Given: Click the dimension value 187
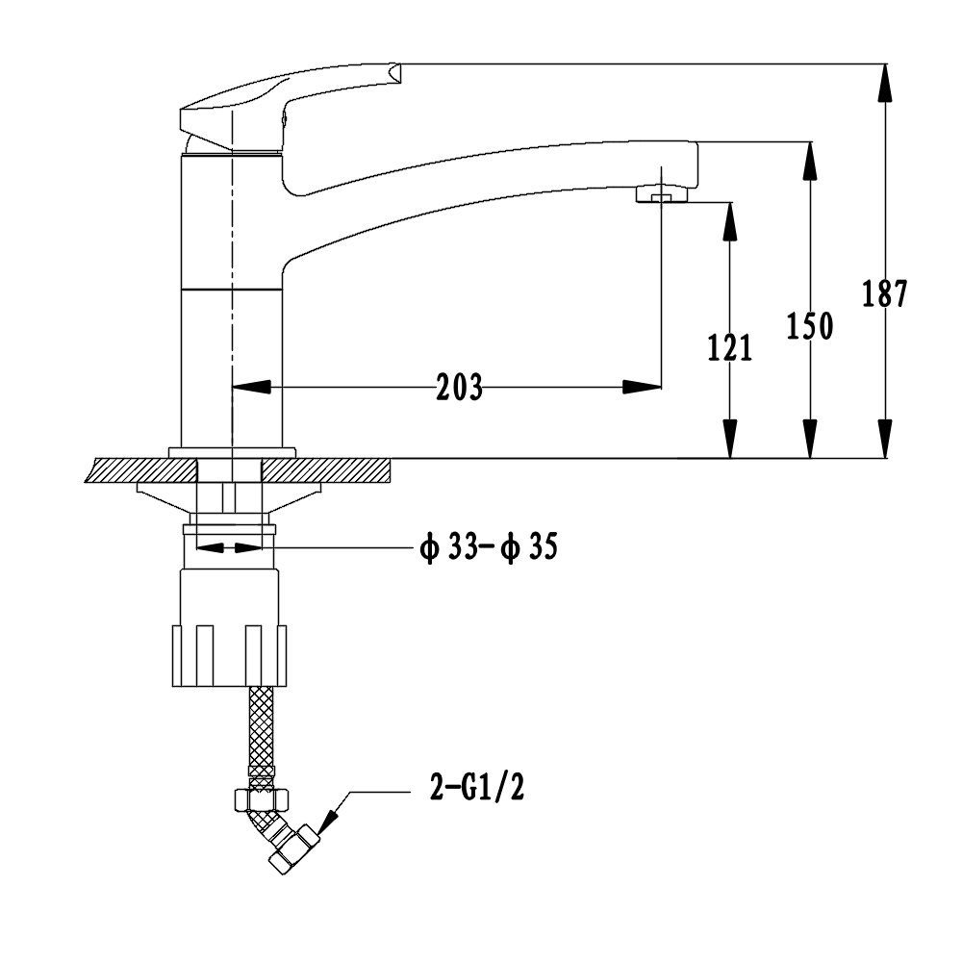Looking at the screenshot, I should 884,293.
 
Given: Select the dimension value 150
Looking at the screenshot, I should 810,327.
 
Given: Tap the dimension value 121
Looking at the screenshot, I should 730,347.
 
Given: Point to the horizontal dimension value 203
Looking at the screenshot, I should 459,388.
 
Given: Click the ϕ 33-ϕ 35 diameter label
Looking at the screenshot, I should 488,548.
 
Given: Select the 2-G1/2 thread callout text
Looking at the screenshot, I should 477,789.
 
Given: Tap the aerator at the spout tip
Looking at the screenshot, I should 662,195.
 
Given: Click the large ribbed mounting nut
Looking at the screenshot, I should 229,654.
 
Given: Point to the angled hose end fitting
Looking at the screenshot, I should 285,837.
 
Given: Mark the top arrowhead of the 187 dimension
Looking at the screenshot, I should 884,81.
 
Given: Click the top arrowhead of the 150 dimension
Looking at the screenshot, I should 810,159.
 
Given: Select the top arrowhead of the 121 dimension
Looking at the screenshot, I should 730,219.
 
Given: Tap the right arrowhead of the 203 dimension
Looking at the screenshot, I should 643,388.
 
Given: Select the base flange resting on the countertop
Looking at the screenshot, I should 232,452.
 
